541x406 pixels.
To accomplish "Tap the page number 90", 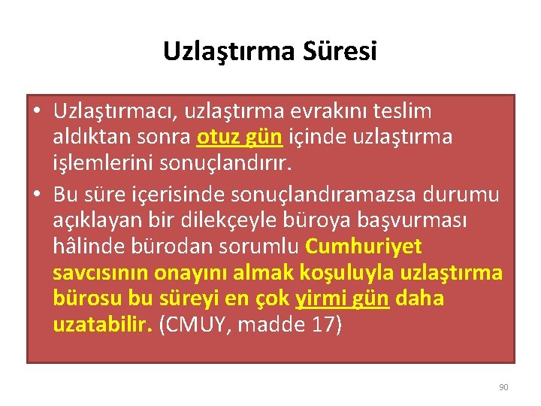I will point(503,387).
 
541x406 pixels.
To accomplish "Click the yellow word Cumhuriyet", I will point(364,247).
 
